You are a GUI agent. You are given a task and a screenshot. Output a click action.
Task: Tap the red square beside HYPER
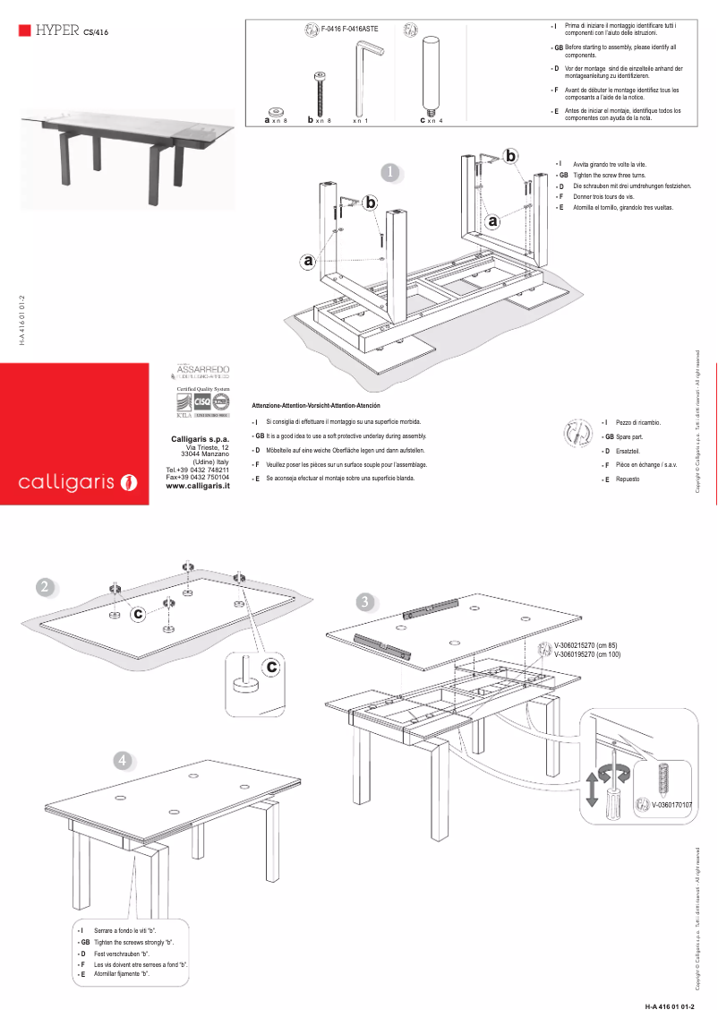pyautogui.click(x=25, y=30)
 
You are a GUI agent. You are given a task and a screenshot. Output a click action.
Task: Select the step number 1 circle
pyautogui.click(x=389, y=171)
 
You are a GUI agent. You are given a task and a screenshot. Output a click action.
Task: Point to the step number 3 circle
pyautogui.click(x=364, y=601)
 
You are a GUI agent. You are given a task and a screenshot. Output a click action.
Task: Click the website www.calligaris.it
pyautogui.click(x=199, y=486)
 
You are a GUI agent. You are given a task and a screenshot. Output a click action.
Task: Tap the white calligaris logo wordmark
pyautogui.click(x=66, y=483)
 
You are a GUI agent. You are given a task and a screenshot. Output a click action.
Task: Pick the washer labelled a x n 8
pyautogui.click(x=276, y=111)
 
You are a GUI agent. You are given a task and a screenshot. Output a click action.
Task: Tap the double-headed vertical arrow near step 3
pyautogui.click(x=592, y=786)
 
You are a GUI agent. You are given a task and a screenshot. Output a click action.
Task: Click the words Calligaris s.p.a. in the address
pyautogui.click(x=201, y=438)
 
